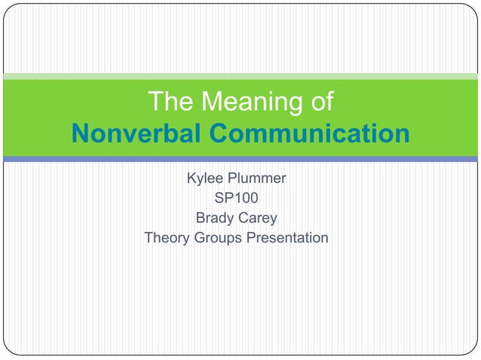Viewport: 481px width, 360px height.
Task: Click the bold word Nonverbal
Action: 135,134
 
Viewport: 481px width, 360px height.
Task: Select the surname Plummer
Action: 258,180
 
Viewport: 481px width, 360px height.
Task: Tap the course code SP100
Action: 236,200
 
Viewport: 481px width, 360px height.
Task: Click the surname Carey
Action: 259,219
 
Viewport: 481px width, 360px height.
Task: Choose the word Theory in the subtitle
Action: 168,239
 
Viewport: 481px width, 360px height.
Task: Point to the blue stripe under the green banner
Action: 240,159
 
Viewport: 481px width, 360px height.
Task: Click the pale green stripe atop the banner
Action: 240,76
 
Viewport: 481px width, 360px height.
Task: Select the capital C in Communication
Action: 218,134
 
